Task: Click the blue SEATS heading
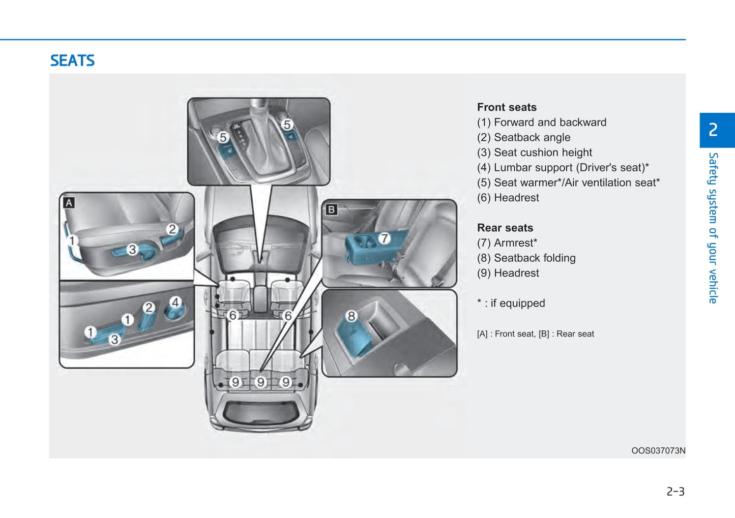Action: (72, 60)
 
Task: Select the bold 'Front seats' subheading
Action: (507, 107)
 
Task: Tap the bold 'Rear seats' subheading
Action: (505, 228)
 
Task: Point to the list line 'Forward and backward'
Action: (541, 123)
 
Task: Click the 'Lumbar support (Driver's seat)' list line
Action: (563, 168)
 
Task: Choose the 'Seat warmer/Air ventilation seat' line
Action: (568, 182)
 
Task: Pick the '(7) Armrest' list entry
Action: (507, 243)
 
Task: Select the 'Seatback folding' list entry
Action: (526, 258)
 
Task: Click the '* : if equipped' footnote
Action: (511, 303)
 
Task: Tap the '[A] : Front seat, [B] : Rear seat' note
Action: (535, 334)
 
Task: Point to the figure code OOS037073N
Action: (658, 451)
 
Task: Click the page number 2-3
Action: (675, 492)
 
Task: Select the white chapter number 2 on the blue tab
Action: (713, 130)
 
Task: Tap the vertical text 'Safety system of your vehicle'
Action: (713, 228)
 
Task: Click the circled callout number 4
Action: (175, 302)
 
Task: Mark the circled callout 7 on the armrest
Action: (384, 238)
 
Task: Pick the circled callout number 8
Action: (351, 316)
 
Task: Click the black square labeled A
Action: (69, 203)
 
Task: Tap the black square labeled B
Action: (331, 209)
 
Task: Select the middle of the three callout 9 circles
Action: (261, 382)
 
